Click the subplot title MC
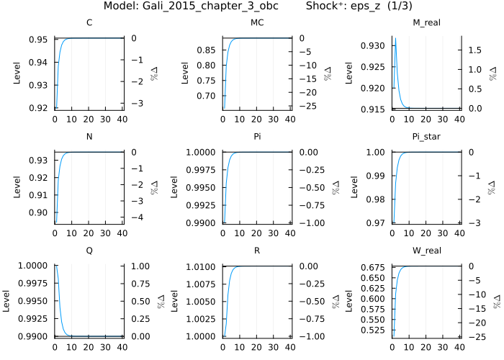(257, 23)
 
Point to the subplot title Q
(89, 251)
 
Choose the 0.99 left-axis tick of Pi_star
(379, 176)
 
